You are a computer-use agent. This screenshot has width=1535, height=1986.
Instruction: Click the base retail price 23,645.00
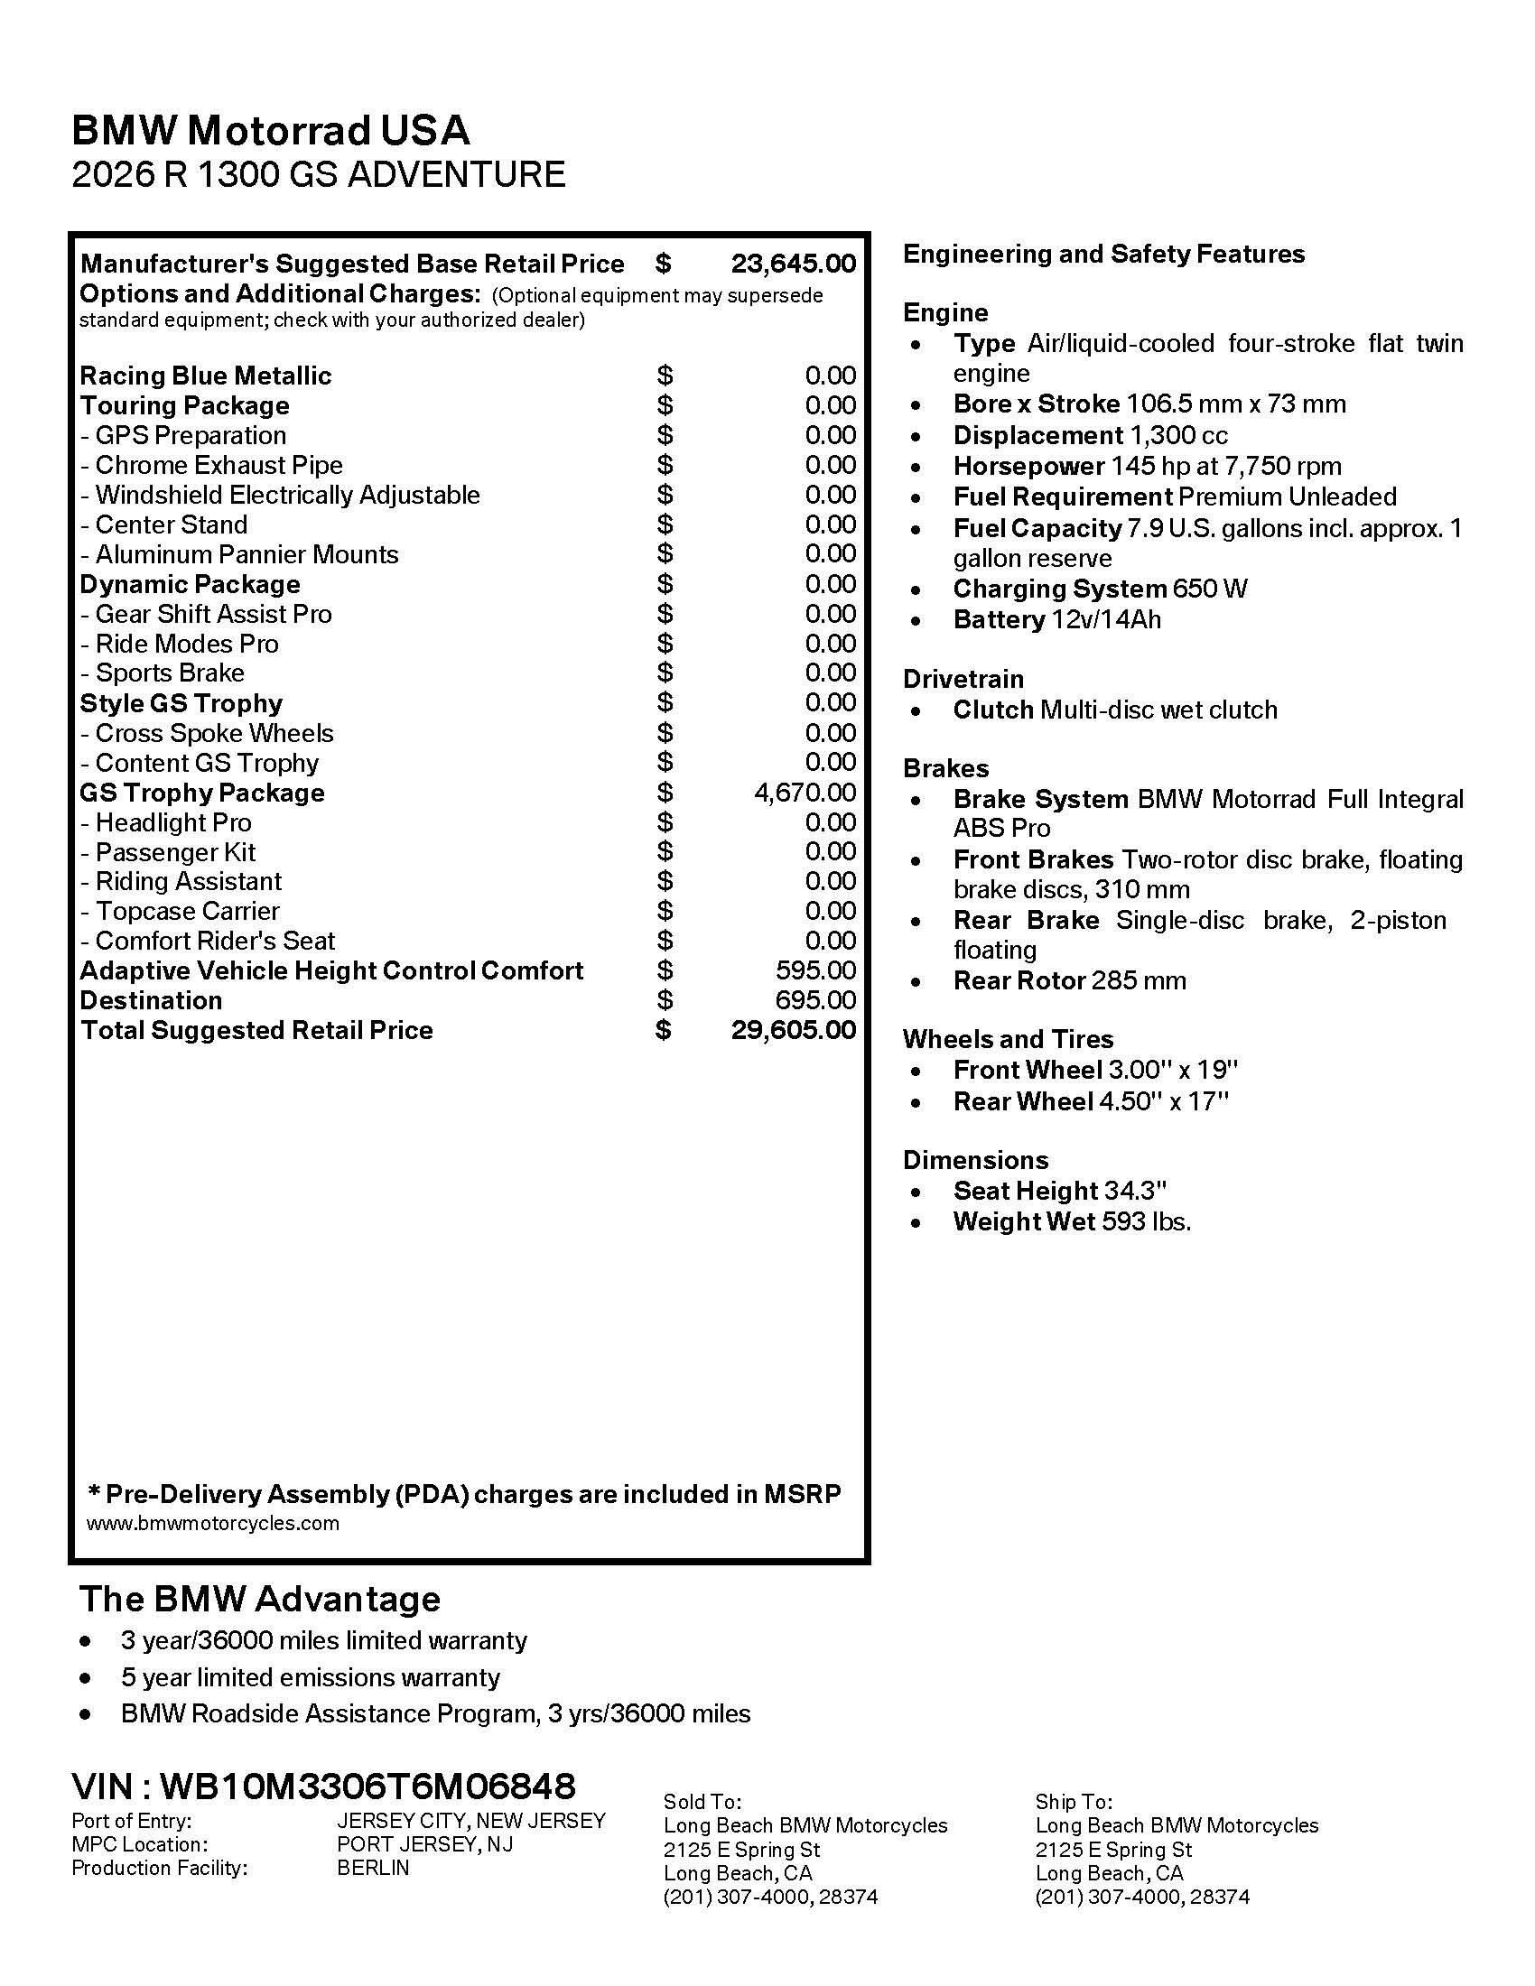coord(793,264)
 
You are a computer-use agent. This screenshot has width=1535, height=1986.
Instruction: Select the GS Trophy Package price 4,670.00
coord(805,792)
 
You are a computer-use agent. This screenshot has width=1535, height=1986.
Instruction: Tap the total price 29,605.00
coord(793,1029)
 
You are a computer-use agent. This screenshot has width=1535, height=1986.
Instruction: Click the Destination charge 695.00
coord(815,1000)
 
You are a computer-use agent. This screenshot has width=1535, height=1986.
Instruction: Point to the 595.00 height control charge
coord(815,970)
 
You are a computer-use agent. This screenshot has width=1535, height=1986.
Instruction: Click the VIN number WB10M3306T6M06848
coord(367,1786)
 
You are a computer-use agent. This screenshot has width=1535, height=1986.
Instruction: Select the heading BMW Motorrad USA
coord(270,130)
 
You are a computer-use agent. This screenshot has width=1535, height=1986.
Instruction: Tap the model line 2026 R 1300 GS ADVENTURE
coord(318,173)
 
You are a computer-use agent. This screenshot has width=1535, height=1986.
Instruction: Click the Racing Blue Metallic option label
coord(206,376)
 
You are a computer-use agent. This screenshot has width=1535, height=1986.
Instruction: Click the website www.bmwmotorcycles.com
coord(213,1523)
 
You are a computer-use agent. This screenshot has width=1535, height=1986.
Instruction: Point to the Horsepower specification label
coord(1028,467)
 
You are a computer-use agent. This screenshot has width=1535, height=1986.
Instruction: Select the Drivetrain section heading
coord(963,679)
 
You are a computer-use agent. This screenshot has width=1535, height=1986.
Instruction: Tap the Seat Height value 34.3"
coord(1135,1191)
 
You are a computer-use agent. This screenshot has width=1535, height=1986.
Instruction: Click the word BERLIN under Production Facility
coord(373,1868)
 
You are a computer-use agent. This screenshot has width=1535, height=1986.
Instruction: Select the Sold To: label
coord(702,1802)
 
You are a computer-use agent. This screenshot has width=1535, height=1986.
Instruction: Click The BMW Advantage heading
coord(260,1599)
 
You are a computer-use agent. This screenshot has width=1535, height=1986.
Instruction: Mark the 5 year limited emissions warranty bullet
coord(310,1677)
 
